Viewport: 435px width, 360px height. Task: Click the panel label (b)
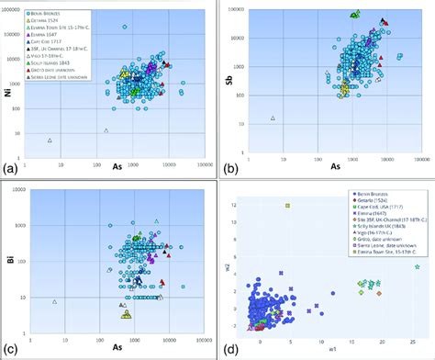(x=228, y=168)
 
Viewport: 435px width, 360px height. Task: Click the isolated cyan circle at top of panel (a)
(x=124, y=28)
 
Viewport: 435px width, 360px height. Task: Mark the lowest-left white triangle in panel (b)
(x=273, y=118)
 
